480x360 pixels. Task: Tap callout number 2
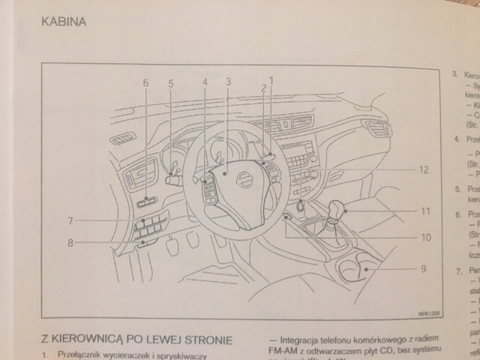(x=264, y=88)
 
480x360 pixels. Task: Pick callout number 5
(x=170, y=83)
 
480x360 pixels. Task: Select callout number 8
(x=70, y=242)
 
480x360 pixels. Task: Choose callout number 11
(x=424, y=211)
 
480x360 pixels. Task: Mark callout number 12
(x=424, y=170)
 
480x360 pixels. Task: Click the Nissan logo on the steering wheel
(x=244, y=179)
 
